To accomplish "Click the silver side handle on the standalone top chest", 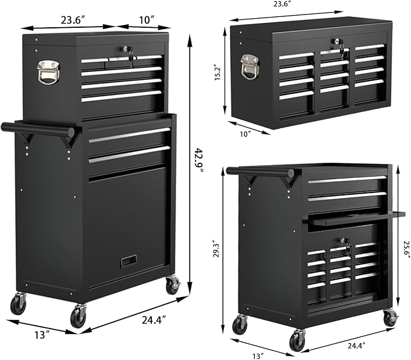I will tap(250, 66).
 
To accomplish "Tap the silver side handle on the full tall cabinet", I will tap(48, 71).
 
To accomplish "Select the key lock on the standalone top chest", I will tap(337, 44).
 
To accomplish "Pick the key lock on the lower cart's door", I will tap(346, 244).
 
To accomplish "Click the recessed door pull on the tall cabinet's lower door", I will tap(128, 261).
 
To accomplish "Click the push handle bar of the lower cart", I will tap(269, 172).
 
